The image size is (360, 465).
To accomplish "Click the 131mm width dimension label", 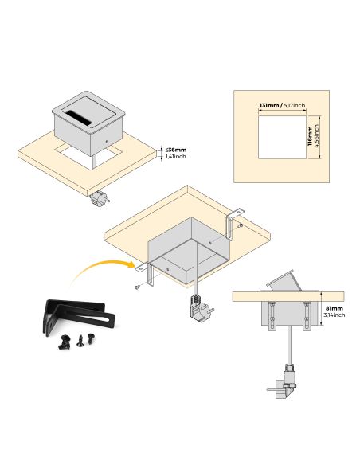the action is [269, 105].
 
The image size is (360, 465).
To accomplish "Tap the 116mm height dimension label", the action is [310, 136].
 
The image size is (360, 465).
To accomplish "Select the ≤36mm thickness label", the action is [176, 150].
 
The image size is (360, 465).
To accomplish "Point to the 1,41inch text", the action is [175, 157].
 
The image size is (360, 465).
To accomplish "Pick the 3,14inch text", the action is [335, 315].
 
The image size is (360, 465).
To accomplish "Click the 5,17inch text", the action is [294, 105].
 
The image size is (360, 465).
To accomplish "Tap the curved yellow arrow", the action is [102, 269].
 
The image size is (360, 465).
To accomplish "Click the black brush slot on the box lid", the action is [78, 117].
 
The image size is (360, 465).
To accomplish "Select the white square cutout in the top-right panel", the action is [282, 137].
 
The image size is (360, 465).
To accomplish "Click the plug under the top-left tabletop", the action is [100, 199].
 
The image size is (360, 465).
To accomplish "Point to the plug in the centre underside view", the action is [201, 309].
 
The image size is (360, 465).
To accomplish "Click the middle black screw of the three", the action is [80, 341].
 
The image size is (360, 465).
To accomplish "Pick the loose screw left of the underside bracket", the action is [137, 287].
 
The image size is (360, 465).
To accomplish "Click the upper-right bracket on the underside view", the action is [233, 224].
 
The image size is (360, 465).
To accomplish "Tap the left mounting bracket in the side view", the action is [272, 316].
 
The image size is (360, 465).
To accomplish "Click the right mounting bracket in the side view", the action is [307, 316].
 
